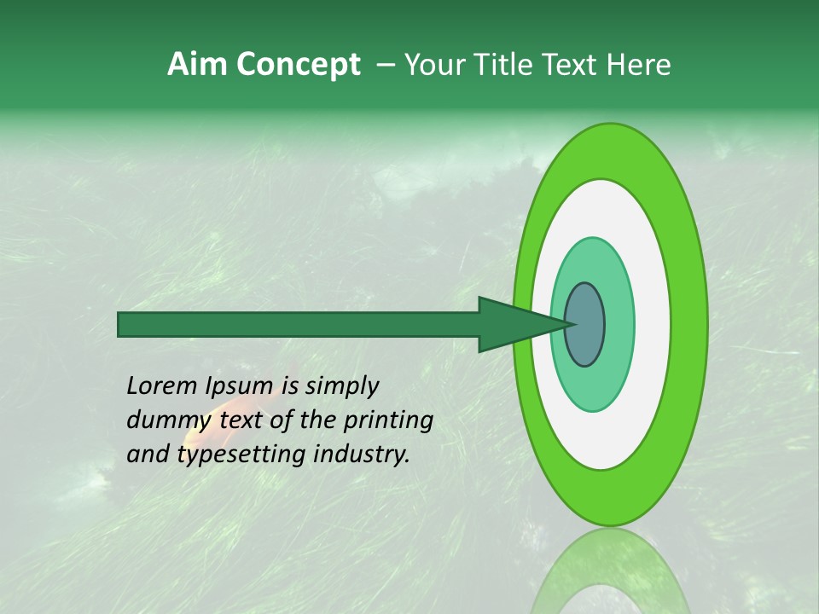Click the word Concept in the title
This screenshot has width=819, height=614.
[x=298, y=66]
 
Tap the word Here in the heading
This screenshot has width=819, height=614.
[x=639, y=65]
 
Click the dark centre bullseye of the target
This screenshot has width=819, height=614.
[x=585, y=324]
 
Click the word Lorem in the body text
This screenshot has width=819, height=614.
[x=162, y=386]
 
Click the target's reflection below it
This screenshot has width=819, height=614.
[x=609, y=571]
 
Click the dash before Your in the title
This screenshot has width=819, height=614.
[x=385, y=65]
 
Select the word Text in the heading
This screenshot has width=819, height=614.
[x=574, y=65]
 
